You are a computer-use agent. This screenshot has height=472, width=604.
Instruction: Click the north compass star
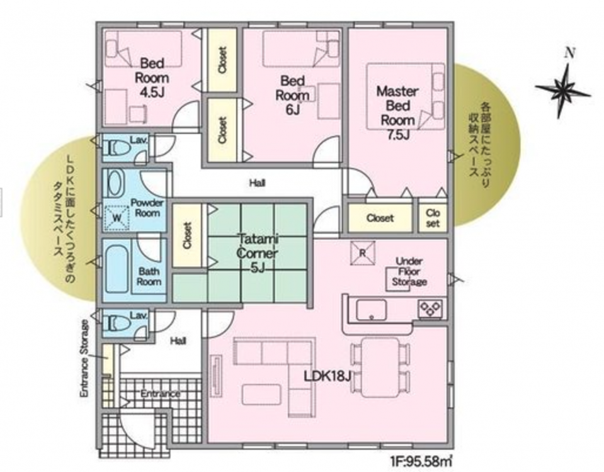coord(564,91)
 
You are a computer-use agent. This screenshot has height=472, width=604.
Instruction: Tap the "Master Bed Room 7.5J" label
coord(397,113)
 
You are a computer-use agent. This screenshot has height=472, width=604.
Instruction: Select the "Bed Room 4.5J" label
coord(152,78)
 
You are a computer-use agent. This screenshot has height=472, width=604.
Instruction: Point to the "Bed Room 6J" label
coord(293,96)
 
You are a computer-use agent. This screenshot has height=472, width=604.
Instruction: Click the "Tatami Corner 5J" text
coord(257,253)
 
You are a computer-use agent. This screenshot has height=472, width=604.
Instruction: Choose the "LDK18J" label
coord(328,376)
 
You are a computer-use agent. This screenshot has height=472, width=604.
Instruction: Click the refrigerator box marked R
coord(363,254)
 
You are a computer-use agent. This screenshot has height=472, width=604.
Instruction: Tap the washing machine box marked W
coord(117,218)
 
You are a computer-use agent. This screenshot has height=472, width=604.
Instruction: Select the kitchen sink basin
coord(372,310)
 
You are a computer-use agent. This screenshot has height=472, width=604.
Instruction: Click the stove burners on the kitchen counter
coord(431,308)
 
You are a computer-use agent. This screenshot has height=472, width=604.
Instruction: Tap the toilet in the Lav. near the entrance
coord(115,323)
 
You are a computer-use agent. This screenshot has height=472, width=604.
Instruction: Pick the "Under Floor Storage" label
coord(409,271)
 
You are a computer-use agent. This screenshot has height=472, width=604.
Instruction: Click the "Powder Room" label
coord(147,208)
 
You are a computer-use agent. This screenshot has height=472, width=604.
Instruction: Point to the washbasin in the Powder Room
coord(115,184)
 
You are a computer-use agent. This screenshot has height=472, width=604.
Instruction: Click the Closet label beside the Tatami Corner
coord(187,235)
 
